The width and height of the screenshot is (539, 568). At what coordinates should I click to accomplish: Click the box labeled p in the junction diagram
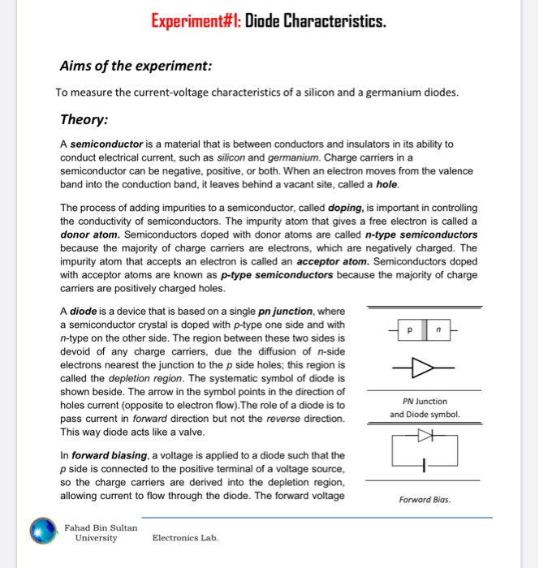tap(410, 331)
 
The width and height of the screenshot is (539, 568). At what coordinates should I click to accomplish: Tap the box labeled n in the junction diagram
tap(438, 331)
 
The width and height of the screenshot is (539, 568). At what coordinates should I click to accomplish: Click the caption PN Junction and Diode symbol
tap(424, 407)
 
